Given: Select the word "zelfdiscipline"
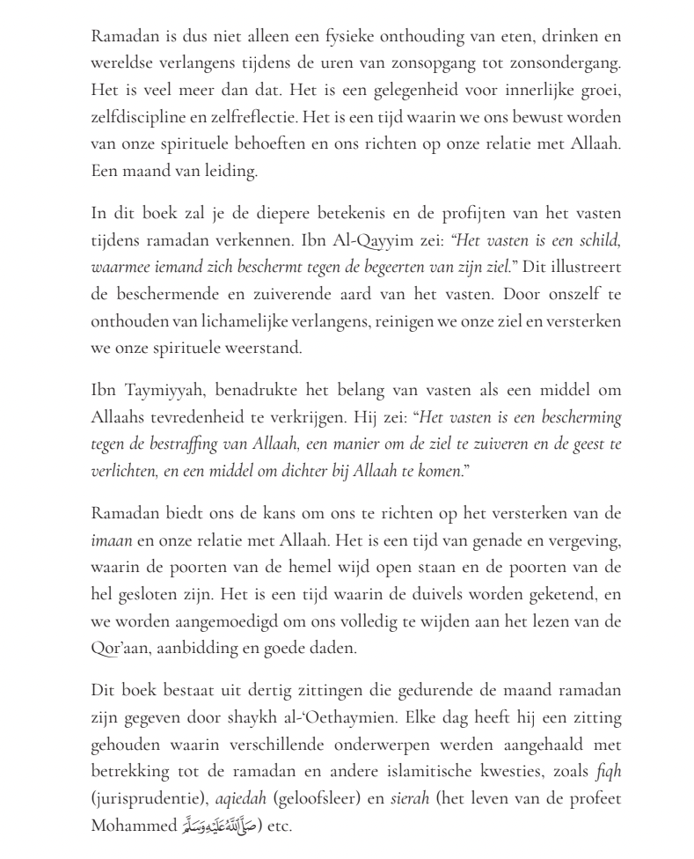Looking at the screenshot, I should coord(134,117).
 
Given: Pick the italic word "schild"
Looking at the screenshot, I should coord(600,239).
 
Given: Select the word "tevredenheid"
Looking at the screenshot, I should coord(204,416).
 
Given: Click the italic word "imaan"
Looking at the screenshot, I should coord(112,539).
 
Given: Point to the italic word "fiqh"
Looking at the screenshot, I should coord(609,770).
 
